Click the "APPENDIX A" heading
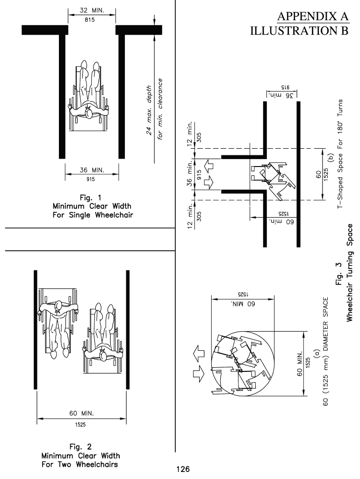point(314,17)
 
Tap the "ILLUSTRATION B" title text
point(300,31)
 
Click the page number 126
point(182,469)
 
